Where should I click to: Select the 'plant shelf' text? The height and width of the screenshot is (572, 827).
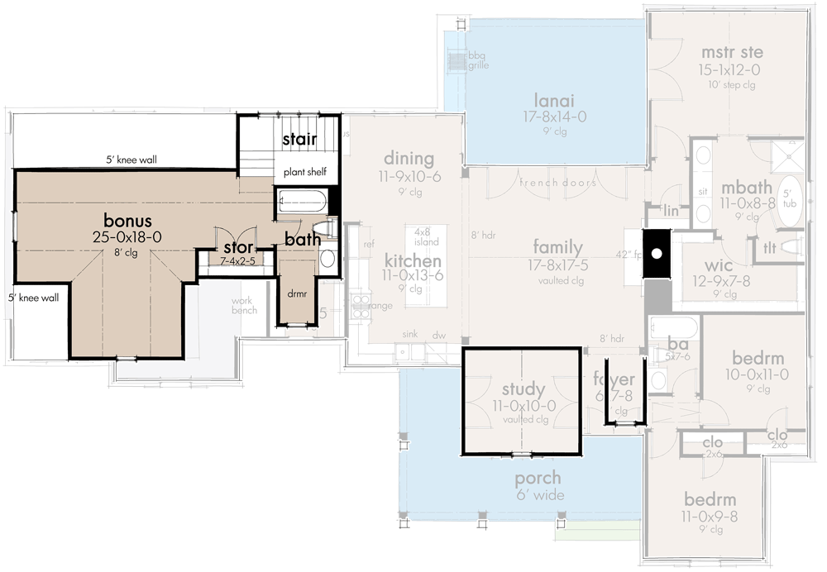point(305,173)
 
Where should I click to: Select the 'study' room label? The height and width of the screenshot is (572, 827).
point(523,388)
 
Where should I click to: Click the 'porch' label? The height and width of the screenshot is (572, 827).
point(538,478)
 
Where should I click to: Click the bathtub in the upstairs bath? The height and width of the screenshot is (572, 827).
point(301,202)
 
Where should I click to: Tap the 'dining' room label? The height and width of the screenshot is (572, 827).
point(409,158)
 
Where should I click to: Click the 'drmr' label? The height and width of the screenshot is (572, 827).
point(296,293)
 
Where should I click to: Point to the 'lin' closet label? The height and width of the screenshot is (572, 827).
point(671,212)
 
